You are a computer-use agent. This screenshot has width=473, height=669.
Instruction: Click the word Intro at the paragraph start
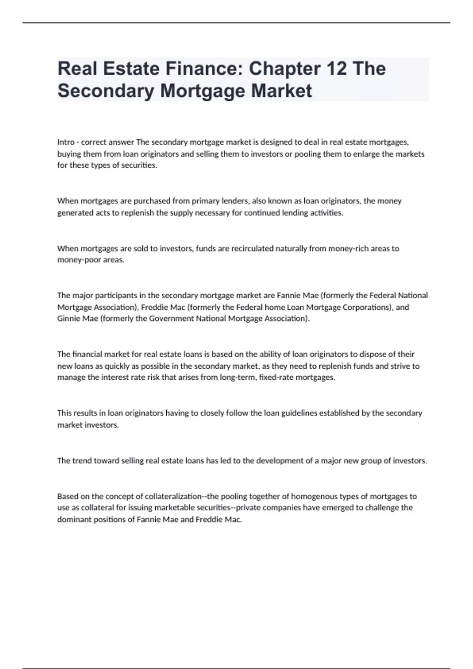tap(66, 142)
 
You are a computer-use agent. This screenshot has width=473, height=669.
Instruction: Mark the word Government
tap(171, 319)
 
